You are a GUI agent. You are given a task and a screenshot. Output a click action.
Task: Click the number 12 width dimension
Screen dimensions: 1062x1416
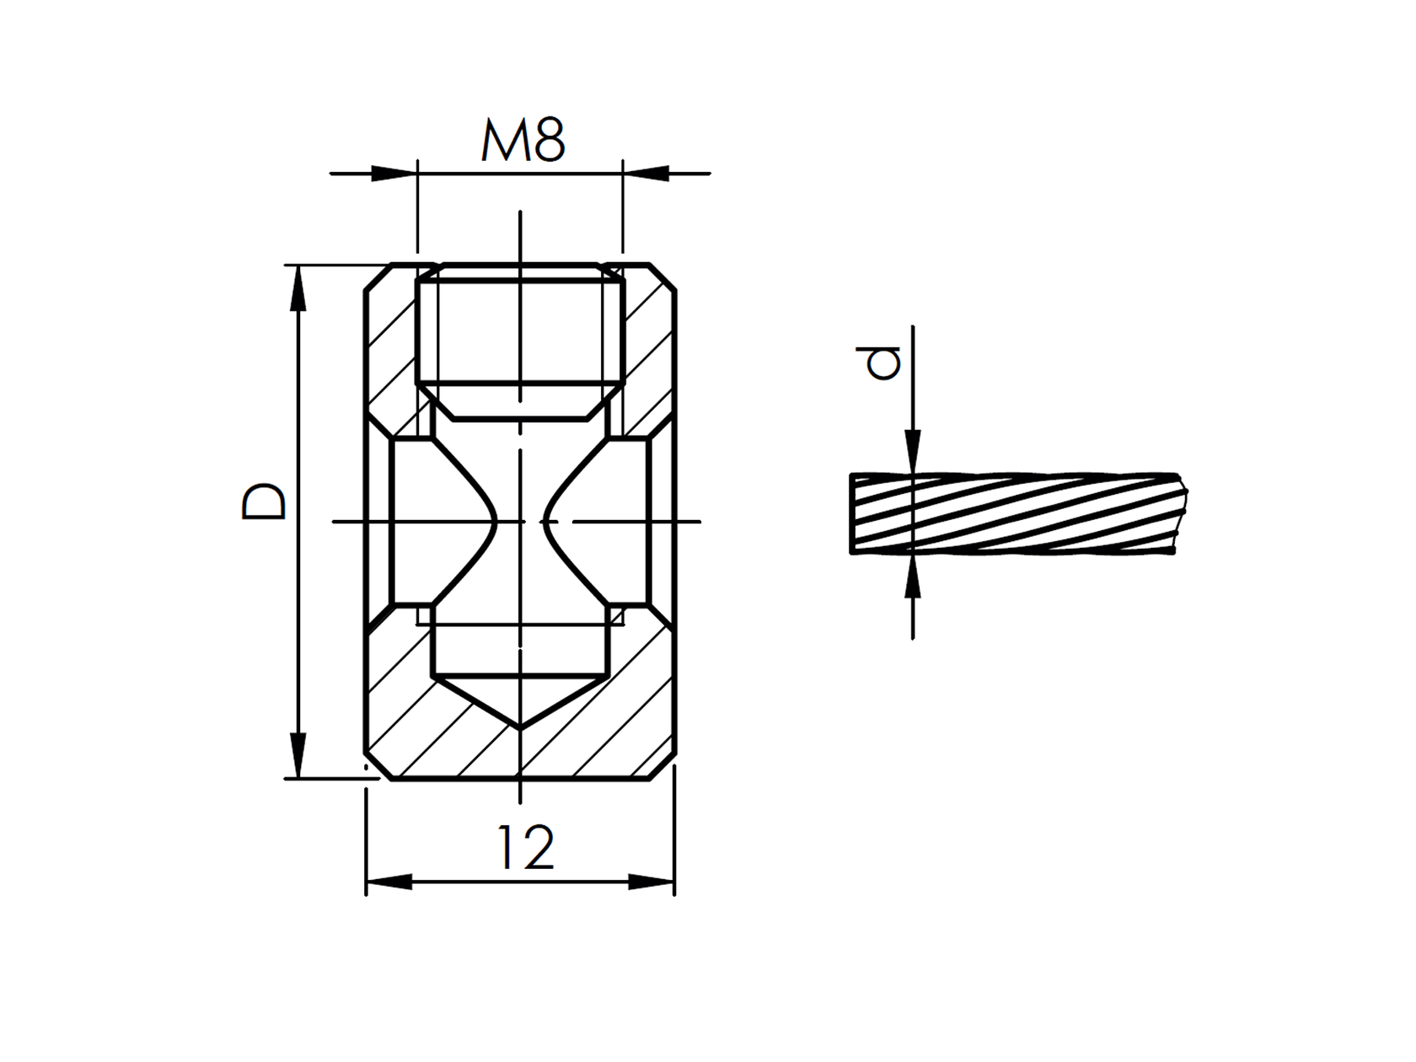click(x=526, y=848)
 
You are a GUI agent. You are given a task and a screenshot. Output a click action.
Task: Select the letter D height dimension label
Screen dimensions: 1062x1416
click(x=263, y=501)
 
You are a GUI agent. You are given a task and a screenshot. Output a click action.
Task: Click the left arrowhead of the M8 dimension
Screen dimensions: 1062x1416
click(x=394, y=174)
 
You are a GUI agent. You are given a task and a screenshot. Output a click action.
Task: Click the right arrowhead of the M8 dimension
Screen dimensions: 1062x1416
click(x=646, y=174)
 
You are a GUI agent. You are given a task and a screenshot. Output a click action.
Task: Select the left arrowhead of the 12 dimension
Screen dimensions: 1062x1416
click(x=389, y=882)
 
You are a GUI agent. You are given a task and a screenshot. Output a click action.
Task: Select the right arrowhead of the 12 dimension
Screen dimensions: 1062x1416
click(x=652, y=882)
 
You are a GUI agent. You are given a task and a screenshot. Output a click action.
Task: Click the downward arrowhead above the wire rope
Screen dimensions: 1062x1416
click(x=913, y=452)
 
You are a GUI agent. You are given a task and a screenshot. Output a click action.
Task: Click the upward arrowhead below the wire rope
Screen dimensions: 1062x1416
click(x=913, y=577)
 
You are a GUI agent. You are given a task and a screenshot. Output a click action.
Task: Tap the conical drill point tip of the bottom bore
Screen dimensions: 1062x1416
click(x=519, y=725)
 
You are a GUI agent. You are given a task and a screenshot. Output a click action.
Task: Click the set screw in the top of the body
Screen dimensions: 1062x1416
click(x=520, y=337)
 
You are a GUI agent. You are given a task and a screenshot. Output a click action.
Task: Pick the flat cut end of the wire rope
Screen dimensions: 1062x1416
click(x=853, y=514)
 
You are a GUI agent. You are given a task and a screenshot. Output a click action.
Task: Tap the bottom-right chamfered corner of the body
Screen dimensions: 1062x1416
click(x=662, y=767)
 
